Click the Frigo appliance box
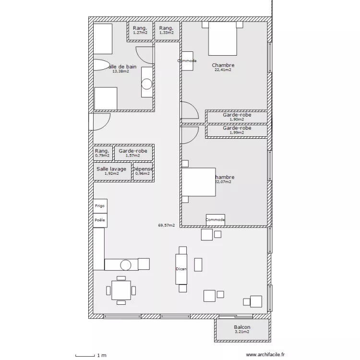(x=100, y=206)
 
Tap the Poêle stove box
(x=100, y=220)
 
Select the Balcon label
(x=242, y=327)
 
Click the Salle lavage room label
(x=111, y=169)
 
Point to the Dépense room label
(x=143, y=169)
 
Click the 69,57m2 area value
(x=166, y=225)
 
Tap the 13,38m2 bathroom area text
(x=120, y=72)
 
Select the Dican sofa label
(x=181, y=269)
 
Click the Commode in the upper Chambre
(x=187, y=61)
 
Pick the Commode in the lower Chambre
(x=216, y=220)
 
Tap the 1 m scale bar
(x=91, y=355)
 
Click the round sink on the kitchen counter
(x=126, y=264)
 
